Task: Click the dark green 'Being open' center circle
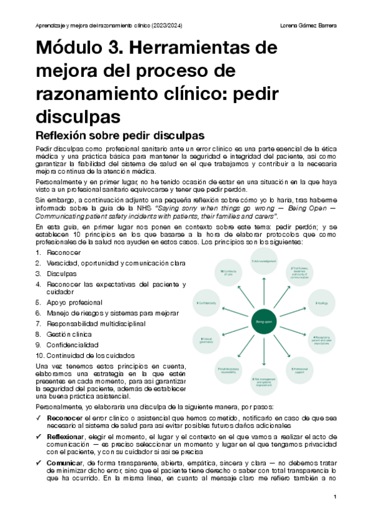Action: [x=265, y=321]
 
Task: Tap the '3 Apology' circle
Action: [x=322, y=302]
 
